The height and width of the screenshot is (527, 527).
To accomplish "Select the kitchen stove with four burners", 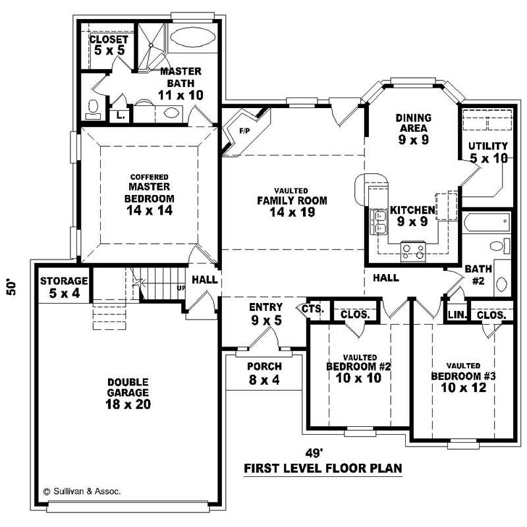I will coord(414,250).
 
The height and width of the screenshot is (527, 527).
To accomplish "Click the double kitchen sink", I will coord(379,222).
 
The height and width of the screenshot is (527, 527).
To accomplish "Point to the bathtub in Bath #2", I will coord(486,222).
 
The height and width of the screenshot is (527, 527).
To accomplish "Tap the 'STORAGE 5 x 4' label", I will coord(64,287).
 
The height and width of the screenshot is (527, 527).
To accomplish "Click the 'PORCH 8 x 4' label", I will coord(264,373).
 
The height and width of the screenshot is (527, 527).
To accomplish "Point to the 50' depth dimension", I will coord(11,287).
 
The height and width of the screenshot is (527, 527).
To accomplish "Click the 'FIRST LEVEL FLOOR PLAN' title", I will coord(323,468).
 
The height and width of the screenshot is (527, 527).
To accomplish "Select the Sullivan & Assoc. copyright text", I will coord(82,491).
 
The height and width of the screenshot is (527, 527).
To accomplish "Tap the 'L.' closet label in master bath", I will coord(120,115).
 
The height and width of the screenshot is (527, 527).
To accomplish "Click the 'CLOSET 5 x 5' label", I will coord(108,45).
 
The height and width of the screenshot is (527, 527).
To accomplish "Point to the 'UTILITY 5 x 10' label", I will coord(488,152).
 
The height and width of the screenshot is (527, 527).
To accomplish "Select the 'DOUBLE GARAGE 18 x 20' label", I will coord(129,393).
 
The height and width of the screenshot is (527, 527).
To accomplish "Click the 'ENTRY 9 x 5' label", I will coord(265,314).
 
